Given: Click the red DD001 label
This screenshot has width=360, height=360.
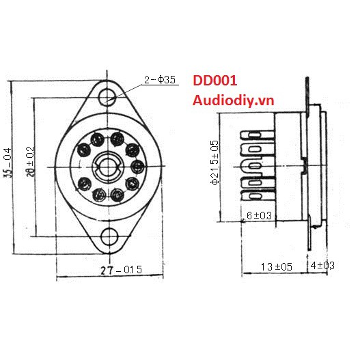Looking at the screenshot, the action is (215, 81).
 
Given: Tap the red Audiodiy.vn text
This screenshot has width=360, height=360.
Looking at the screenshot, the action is (233, 100).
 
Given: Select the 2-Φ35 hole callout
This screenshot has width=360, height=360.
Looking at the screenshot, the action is (160, 79).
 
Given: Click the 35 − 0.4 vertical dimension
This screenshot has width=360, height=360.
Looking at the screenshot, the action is (8, 163).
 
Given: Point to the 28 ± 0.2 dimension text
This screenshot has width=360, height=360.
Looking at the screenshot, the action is (30, 162).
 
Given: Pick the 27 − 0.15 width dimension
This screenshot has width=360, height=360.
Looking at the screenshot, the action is (122, 270).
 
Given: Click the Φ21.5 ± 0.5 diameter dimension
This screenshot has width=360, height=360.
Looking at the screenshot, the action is (214, 163).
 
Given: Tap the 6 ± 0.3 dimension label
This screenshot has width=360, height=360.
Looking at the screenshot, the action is (259, 215).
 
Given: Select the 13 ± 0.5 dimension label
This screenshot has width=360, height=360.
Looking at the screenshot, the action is (277, 267).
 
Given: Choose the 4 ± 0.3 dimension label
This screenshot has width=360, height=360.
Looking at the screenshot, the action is (322, 266).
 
